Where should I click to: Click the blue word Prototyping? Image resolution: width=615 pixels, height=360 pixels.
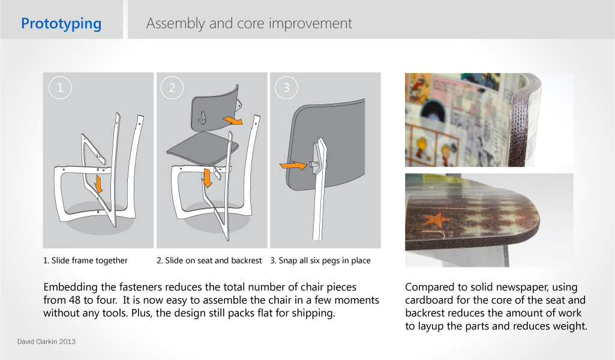coord(61,24)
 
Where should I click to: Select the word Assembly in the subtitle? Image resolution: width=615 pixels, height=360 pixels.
coord(175,24)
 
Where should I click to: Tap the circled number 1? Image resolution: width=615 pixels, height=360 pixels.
coord(60,88)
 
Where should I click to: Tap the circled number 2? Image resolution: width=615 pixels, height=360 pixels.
coord(172,88)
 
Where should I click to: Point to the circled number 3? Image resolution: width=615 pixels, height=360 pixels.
coord(286,88)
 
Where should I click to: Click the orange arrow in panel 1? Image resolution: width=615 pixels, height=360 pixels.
coord(98,184)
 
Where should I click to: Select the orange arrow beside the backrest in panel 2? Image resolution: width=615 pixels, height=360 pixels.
coord(233,121)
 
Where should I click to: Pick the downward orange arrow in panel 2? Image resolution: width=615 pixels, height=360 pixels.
coord(206,178)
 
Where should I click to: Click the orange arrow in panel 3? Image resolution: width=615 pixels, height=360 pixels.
coord(293,166)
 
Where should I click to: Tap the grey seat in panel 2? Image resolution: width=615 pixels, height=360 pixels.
coord(203,148)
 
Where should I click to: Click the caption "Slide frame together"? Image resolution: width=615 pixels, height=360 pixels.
coord(89,260)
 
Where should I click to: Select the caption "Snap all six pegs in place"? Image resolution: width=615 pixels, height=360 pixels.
coord(325,261)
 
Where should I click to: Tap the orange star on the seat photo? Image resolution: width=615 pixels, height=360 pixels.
coord(437,220)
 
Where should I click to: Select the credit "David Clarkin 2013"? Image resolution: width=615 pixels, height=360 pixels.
coord(46,342)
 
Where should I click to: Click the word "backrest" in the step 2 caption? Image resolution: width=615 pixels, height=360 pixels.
coord(247,260)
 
